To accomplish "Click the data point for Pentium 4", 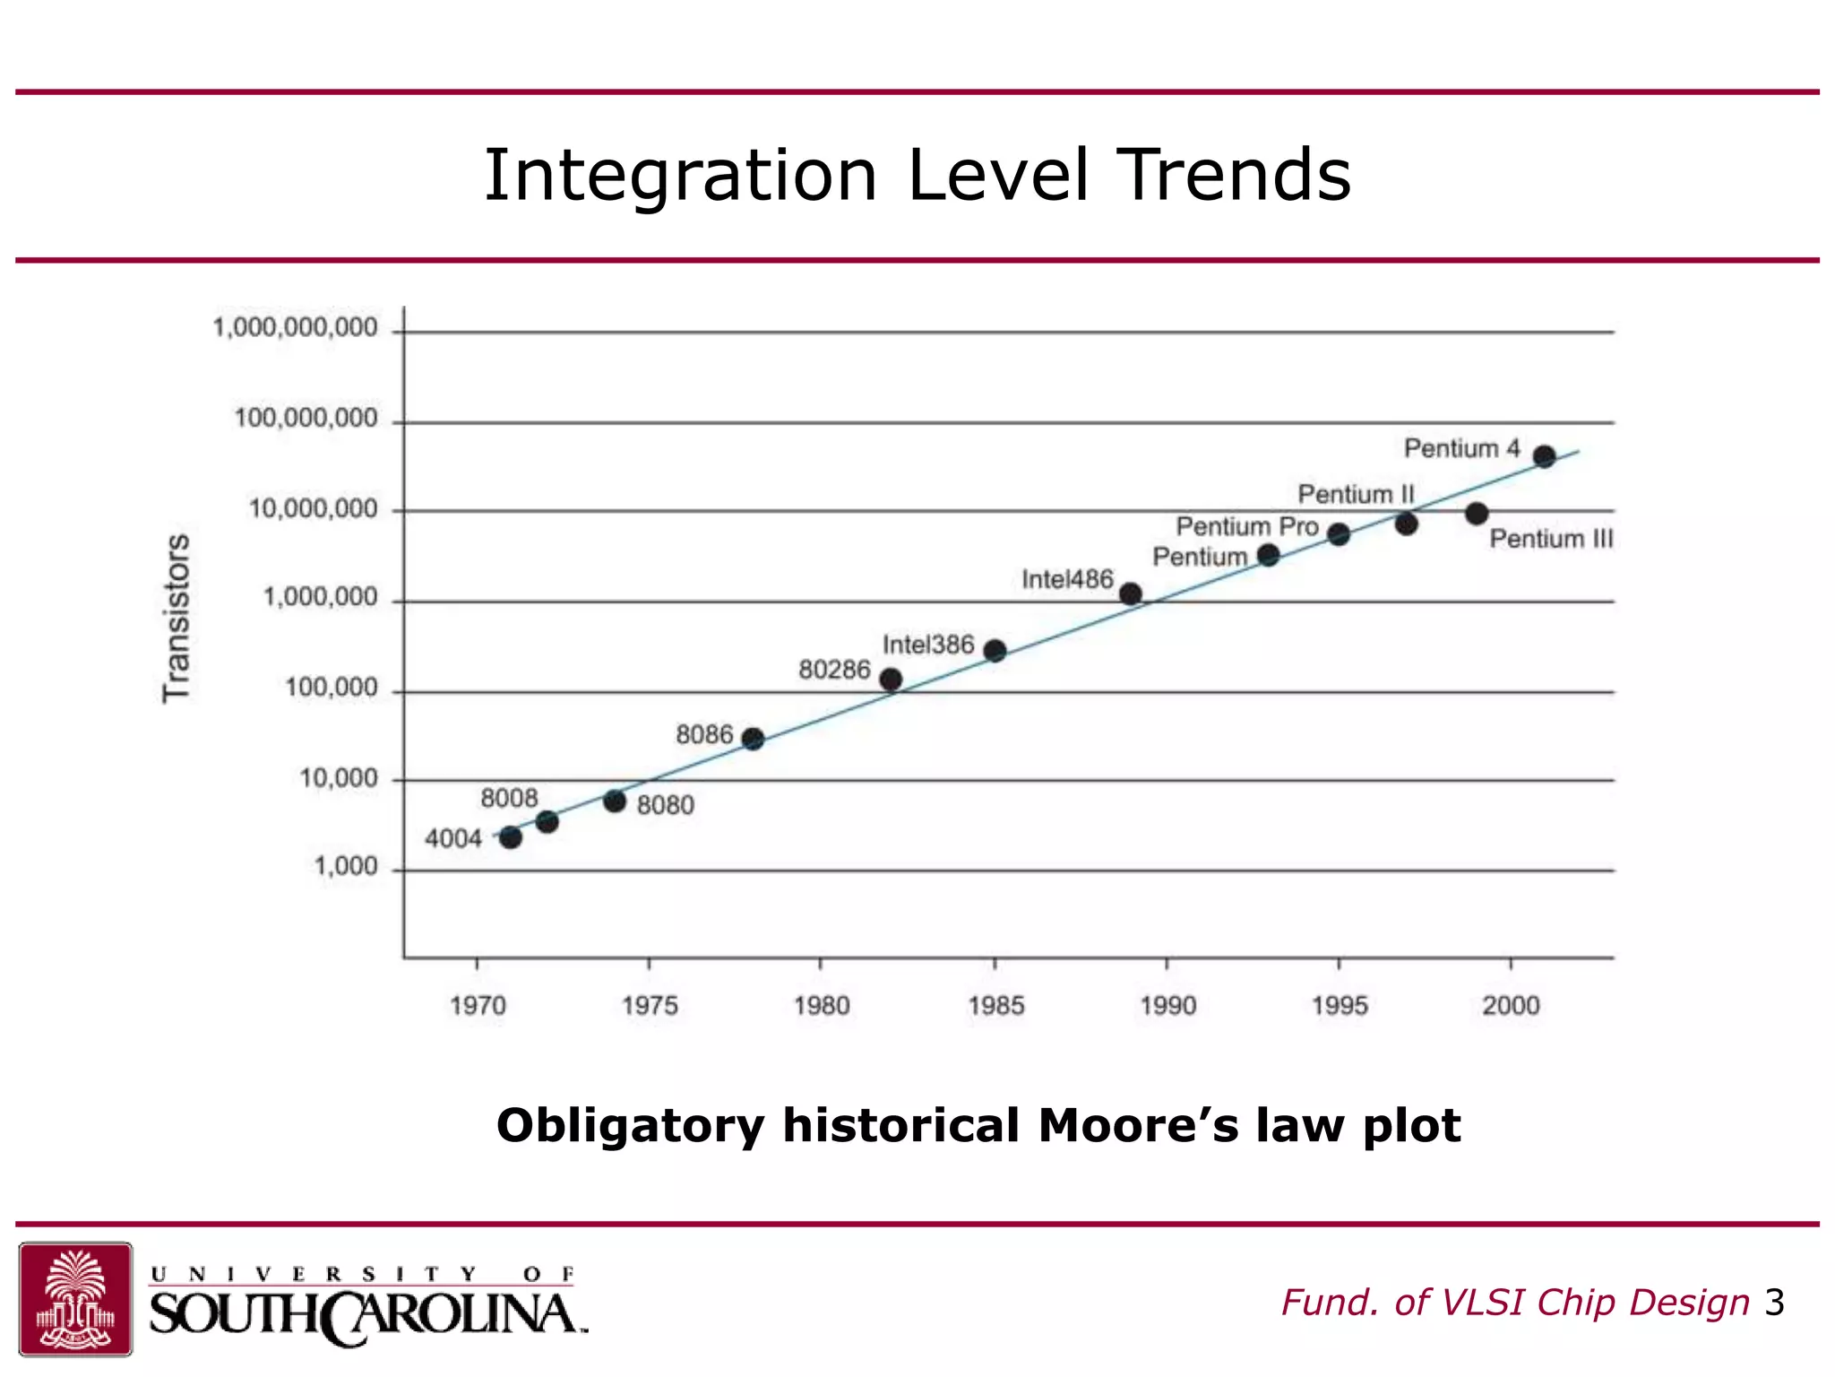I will [x=1544, y=456].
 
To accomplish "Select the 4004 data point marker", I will [x=511, y=837].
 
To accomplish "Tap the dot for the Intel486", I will [x=1131, y=593].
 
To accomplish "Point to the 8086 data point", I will [x=754, y=739].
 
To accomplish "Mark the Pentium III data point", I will [x=1477, y=514].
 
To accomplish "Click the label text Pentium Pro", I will [x=1246, y=526].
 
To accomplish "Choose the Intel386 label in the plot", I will [x=927, y=645].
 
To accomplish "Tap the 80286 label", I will [x=834, y=670].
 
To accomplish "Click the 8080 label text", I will [x=665, y=805].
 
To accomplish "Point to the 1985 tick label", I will [x=995, y=1006].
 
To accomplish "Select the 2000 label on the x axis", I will [x=1511, y=1006].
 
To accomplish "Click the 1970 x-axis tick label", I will [x=478, y=1006].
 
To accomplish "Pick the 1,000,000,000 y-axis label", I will [x=295, y=328].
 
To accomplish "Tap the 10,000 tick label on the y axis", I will [x=338, y=778].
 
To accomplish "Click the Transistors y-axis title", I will [x=177, y=619].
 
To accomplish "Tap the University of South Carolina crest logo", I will [x=76, y=1298].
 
